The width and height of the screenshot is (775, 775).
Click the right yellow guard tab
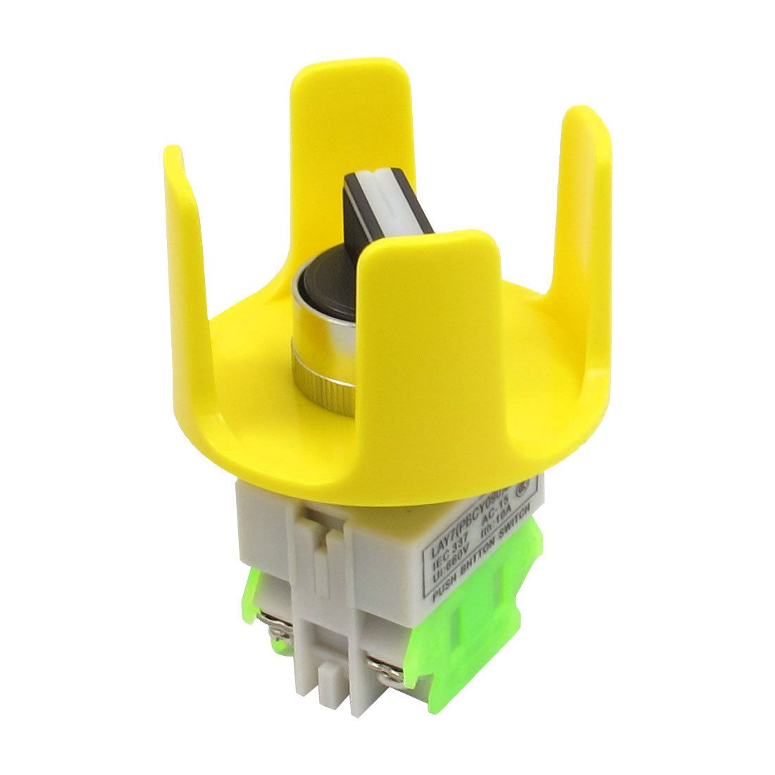click(585, 211)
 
